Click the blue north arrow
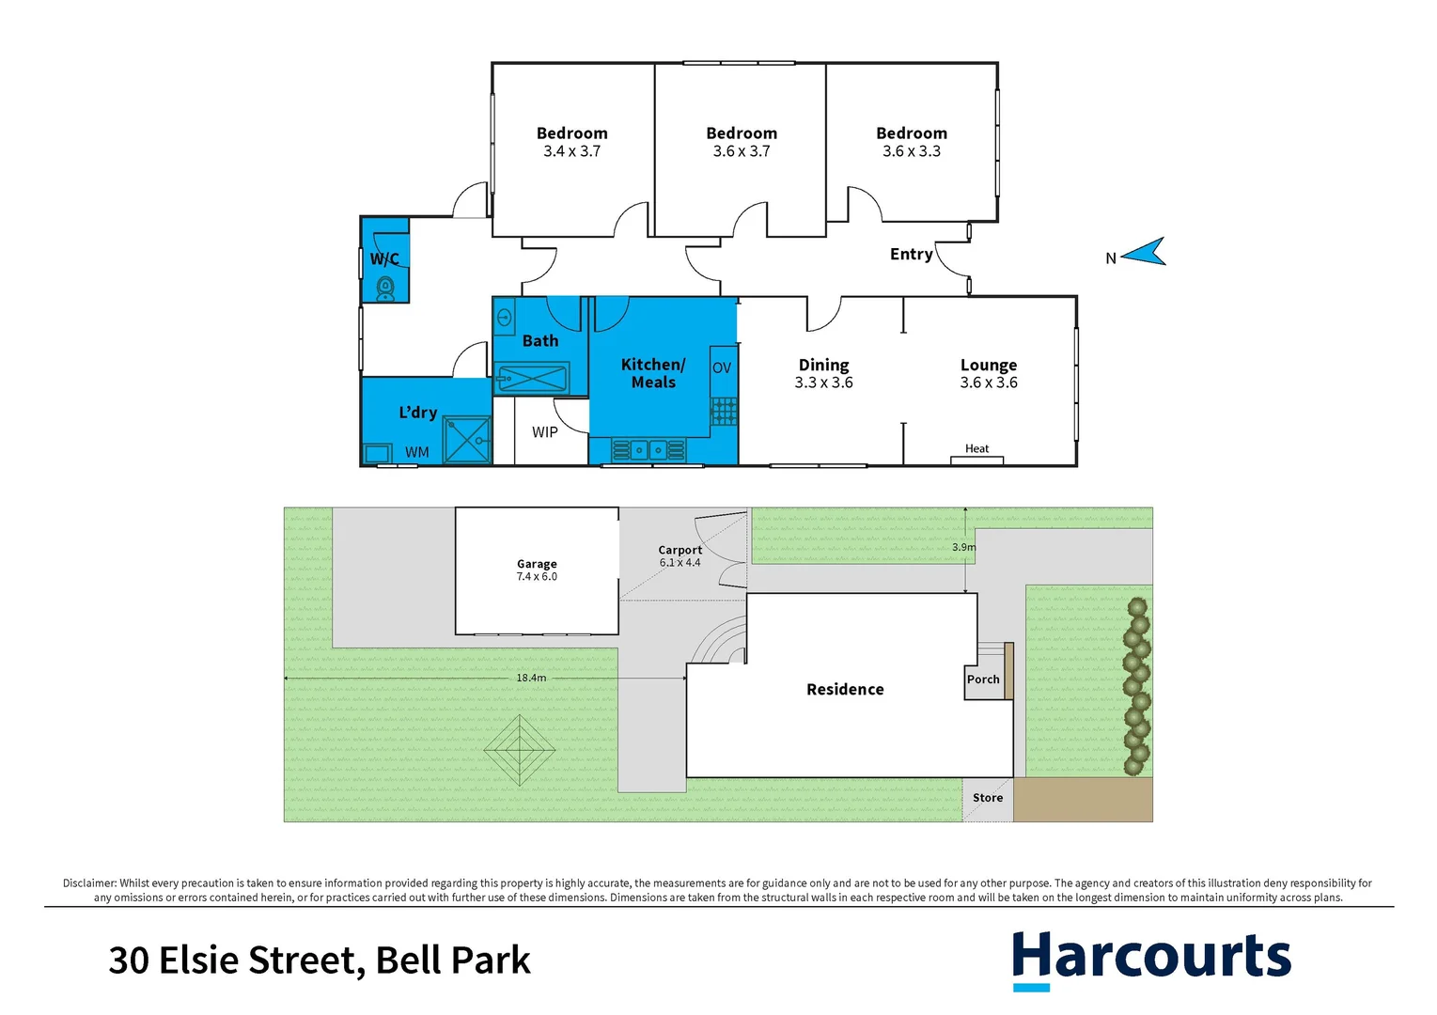1145,252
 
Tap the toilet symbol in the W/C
385,288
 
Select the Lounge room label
989,365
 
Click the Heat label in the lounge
977,448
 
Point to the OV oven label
722,367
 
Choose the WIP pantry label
545,432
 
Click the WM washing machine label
417,452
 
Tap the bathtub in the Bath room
532,380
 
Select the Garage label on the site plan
537,564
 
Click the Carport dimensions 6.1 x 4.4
680,563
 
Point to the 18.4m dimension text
531,678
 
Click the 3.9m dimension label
964,547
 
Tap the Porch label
983,679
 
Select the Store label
988,798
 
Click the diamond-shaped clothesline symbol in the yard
520,750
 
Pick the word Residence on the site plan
845,689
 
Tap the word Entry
911,254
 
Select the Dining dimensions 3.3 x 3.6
824,383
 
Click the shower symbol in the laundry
467,440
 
